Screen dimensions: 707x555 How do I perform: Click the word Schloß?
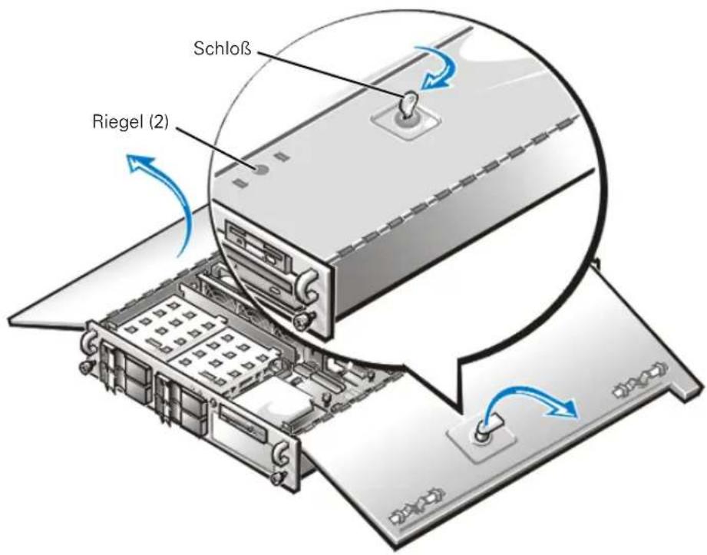point(223,48)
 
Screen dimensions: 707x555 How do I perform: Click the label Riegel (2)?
point(130,122)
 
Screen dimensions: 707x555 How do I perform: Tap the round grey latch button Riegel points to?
point(262,170)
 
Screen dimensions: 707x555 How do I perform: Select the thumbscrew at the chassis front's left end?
point(84,367)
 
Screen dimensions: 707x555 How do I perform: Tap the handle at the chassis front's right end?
point(282,452)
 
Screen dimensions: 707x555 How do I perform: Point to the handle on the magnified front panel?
point(306,283)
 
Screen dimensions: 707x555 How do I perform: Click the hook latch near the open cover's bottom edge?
point(418,504)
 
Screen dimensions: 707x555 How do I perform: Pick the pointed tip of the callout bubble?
point(461,409)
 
